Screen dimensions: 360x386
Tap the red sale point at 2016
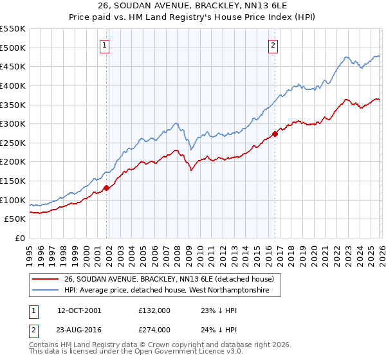pyautogui.click(x=275, y=134)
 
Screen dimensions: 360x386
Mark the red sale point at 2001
pyautogui.click(x=106, y=188)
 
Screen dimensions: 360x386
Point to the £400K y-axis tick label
pyautogui.click(x=13, y=85)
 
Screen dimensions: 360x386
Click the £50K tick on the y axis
pyautogui.click(x=15, y=219)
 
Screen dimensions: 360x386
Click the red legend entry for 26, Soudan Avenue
pyautogui.click(x=169, y=279)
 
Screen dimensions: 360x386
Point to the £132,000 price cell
pyautogui.click(x=154, y=310)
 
